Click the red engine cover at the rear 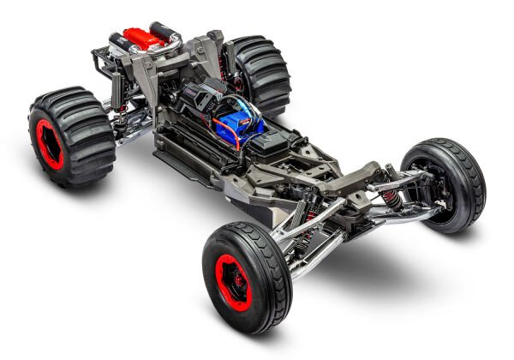(141, 39)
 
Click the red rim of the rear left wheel (50, 142)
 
